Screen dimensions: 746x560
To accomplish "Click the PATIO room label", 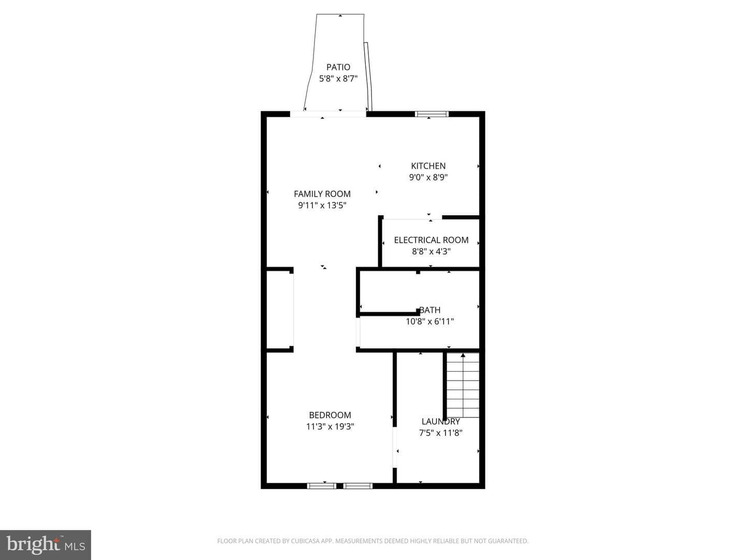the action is coord(338,67).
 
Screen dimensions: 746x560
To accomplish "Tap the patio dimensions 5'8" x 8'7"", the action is coord(338,79).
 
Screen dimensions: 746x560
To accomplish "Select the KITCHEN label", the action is coord(428,166).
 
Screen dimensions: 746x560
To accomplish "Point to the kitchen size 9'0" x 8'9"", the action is coord(428,177).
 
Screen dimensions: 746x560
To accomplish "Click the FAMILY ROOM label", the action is coord(322,194).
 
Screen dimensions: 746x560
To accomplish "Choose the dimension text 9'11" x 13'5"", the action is coord(322,205).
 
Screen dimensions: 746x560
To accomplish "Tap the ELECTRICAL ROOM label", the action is coord(432,240).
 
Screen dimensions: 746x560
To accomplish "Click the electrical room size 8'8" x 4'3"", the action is coord(432,251).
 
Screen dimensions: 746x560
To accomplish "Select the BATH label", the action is coord(430,310).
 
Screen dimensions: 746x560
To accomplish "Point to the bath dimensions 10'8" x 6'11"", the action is coord(430,321).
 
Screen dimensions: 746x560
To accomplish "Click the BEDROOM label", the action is coord(330,415).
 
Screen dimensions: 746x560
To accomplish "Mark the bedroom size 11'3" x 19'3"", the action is coord(330,427).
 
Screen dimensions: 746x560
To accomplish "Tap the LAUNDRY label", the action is coord(441,422).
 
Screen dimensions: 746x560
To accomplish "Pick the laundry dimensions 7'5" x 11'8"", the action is coord(441,433).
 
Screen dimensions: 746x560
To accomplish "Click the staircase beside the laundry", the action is coord(463,385).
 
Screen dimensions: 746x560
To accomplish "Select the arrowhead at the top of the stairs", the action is coord(463,355).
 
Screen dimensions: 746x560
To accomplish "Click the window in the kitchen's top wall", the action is coord(432,114).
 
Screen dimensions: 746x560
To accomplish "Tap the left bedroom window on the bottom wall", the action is coord(322,486).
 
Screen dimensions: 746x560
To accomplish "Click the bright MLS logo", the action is coord(45,545).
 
